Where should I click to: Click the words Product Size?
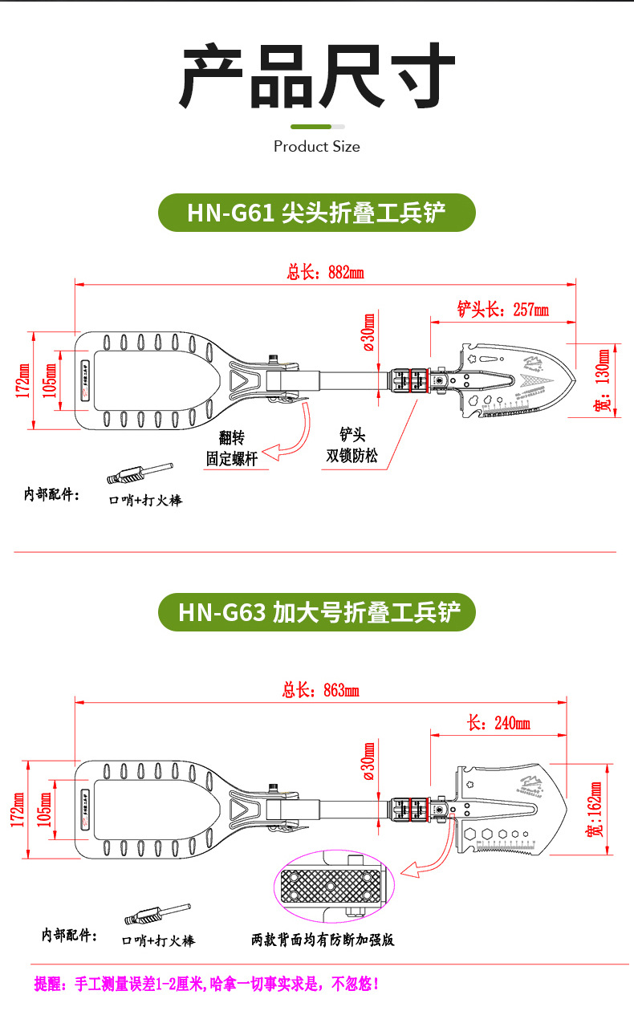(316, 146)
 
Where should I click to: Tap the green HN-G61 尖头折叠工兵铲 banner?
(316, 213)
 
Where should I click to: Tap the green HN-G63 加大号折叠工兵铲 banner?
(316, 612)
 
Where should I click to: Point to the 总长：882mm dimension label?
(325, 272)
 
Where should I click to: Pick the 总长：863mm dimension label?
(320, 690)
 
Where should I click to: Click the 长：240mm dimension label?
(498, 723)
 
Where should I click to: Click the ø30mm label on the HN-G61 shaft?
(368, 332)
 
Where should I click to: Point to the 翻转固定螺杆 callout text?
(231, 449)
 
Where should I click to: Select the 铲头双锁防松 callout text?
(352, 446)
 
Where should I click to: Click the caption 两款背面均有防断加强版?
(323, 940)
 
